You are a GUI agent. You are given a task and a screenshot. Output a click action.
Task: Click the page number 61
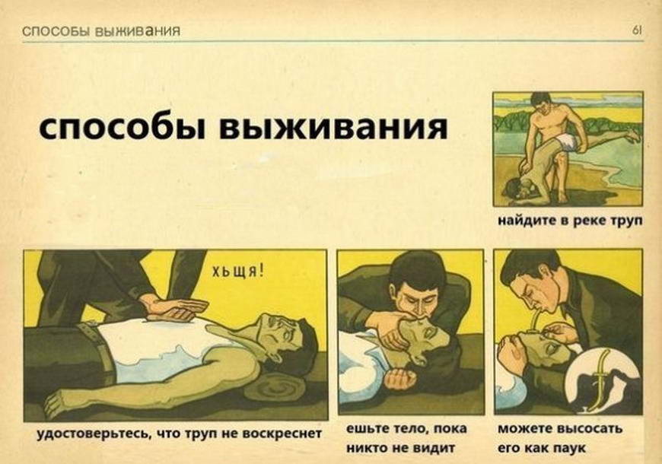[637, 30]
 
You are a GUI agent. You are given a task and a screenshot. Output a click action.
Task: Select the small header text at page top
[101, 31]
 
